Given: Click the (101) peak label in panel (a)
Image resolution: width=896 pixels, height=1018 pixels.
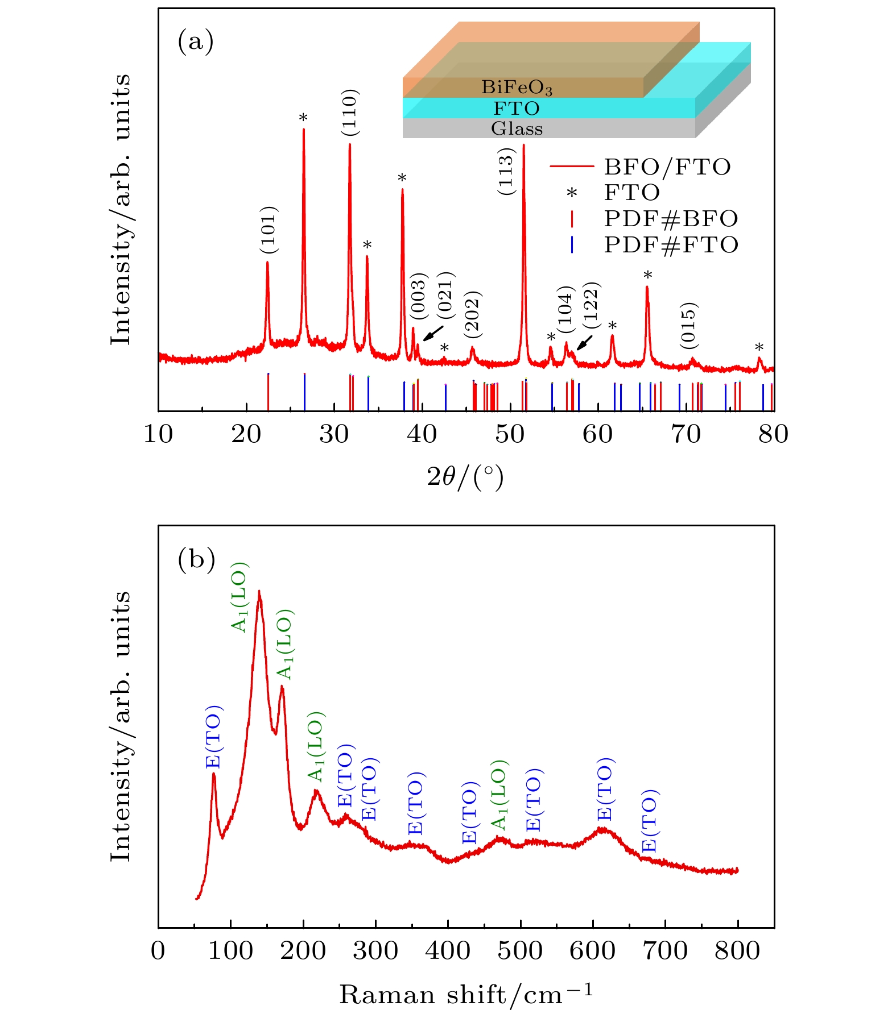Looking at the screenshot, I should point(269,230).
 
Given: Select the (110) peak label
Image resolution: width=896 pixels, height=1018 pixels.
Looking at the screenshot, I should point(350,113).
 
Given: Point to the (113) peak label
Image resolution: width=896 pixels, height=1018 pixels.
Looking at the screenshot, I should point(506,172).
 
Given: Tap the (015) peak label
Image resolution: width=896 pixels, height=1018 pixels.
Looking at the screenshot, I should point(688,326).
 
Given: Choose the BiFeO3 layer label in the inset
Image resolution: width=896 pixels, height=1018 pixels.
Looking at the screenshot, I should point(517,88).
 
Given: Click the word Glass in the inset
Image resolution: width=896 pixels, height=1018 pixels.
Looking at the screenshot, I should point(517,129).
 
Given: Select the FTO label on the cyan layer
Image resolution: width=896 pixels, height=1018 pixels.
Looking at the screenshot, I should point(517,108).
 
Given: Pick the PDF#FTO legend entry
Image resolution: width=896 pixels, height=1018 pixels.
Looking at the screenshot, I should point(671,245).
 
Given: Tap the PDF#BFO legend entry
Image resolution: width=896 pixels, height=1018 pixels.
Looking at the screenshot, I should point(671,219).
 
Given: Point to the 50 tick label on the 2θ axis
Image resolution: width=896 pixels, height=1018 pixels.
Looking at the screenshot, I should point(510,434).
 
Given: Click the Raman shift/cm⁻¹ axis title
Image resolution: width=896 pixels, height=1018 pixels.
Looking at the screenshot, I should point(465,995).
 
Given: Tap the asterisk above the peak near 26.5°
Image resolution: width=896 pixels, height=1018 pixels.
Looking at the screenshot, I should point(304,118).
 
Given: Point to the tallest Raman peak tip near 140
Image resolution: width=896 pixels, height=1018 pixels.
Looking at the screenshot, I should point(259,592).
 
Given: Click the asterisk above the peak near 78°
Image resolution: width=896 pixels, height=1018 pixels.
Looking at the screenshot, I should point(759,348).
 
